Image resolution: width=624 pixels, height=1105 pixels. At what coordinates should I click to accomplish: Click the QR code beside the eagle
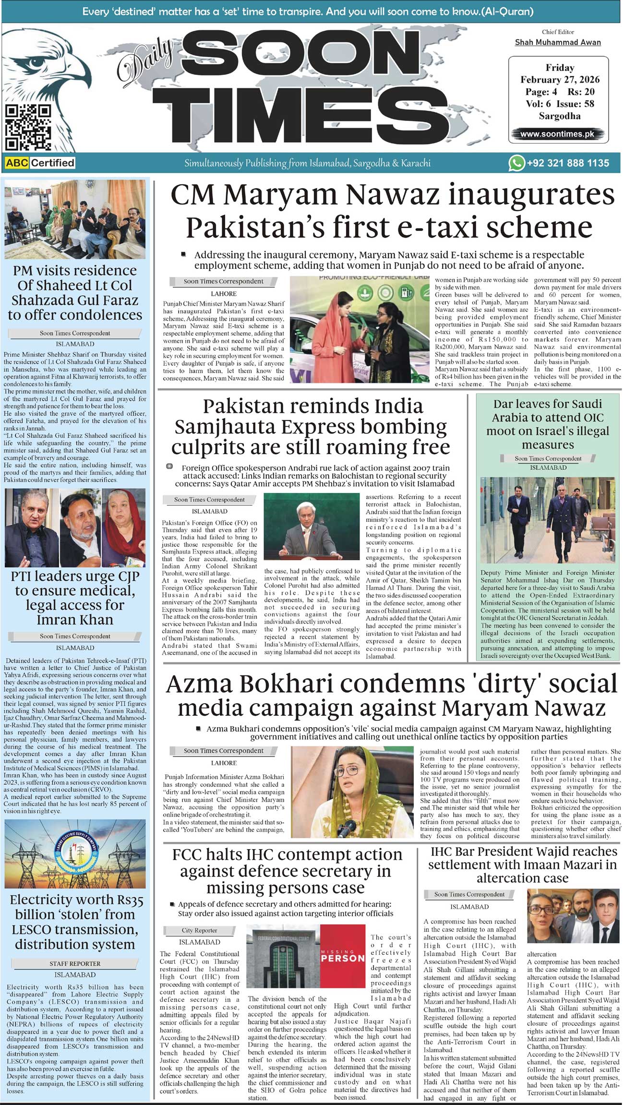click(x=27, y=128)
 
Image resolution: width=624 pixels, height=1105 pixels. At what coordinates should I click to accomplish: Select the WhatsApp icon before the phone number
click(x=516, y=163)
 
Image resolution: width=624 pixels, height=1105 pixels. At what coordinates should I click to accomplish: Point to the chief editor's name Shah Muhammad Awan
click(x=558, y=42)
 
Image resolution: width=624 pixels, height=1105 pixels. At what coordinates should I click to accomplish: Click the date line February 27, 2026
click(x=560, y=80)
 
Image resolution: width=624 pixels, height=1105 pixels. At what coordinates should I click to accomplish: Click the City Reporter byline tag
click(x=199, y=930)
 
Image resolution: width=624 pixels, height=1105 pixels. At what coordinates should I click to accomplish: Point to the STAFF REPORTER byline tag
click(x=75, y=963)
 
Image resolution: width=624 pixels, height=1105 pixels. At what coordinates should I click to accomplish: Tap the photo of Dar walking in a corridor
click(x=547, y=520)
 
